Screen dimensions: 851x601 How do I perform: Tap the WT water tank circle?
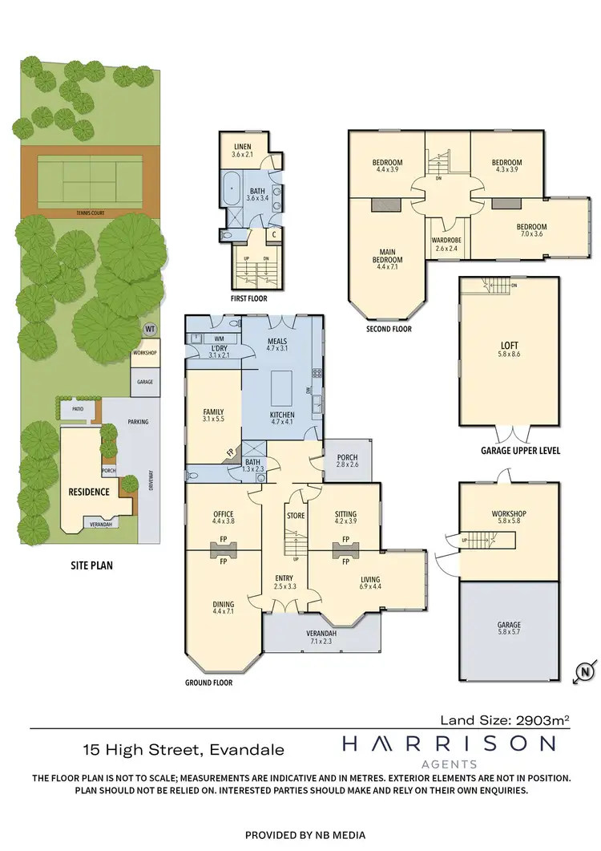tap(149, 330)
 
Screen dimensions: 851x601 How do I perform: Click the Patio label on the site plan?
tap(78, 409)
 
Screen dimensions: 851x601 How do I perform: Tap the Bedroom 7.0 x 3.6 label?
tap(531, 231)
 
